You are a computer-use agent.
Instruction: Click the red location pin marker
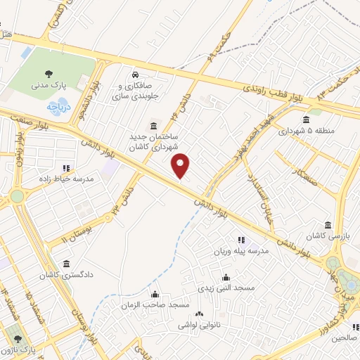click(181, 166)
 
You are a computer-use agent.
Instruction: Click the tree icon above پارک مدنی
click(49, 72)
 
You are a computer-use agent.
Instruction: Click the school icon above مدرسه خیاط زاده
click(66, 168)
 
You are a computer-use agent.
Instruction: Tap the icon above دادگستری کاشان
click(66, 264)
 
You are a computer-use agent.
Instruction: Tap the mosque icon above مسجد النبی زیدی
click(226, 277)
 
